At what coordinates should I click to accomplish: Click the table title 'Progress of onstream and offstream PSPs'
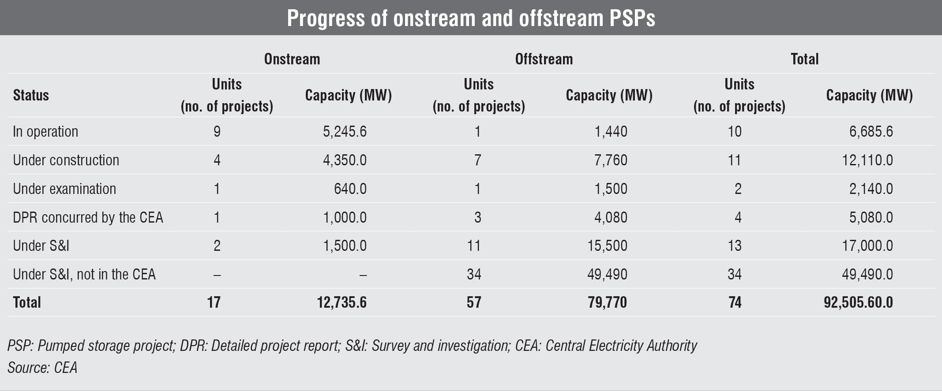point(471,18)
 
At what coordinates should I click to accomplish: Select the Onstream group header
point(292,59)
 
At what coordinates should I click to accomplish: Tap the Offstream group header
point(544,59)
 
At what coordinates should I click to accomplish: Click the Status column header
point(31,95)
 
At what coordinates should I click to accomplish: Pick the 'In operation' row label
point(45,131)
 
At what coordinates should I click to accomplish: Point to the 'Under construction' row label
point(66,160)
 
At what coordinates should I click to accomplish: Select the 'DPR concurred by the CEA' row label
point(88,217)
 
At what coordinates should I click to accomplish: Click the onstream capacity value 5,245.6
point(345,131)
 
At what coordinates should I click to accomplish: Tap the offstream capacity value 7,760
point(611,160)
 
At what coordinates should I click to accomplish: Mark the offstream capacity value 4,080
point(611,217)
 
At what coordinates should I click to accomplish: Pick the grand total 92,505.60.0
point(858,302)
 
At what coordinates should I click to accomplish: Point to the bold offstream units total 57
point(473,302)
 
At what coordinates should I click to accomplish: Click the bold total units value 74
point(735,302)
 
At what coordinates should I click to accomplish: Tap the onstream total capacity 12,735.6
point(342,302)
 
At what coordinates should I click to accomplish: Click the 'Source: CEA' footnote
point(42,368)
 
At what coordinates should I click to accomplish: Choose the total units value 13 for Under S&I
point(735,246)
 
